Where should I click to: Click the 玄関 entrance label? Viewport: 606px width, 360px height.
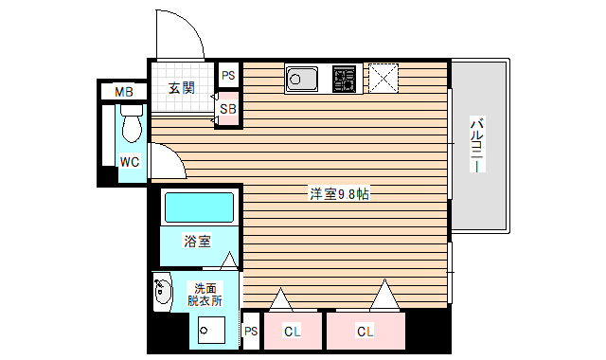tap(182, 89)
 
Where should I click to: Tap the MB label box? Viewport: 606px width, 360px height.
tap(124, 92)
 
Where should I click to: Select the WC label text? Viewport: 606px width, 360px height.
tap(129, 161)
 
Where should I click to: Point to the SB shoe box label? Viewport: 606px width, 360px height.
tap(228, 110)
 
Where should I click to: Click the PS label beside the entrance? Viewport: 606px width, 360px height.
tap(228, 75)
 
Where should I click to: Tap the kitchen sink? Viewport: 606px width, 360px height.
tap(304, 77)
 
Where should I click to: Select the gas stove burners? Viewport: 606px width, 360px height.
tap(344, 77)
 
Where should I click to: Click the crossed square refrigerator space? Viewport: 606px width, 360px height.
tap(383, 77)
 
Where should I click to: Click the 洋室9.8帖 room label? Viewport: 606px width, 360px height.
tap(338, 194)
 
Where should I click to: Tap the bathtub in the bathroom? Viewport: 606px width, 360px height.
tap(199, 207)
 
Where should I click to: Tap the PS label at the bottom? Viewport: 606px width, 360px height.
tap(251, 332)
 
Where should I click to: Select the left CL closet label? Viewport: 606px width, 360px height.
tap(293, 332)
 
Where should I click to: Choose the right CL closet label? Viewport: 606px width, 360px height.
tap(365, 332)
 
